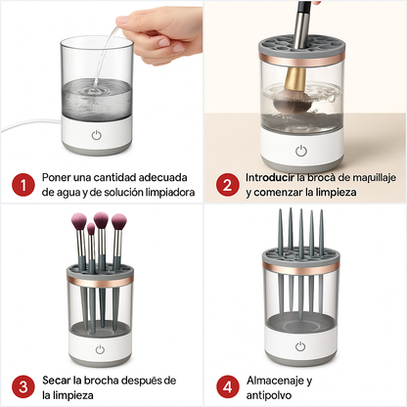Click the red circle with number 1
pos(20,184)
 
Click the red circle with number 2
pos(227,184)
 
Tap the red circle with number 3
pos(20,386)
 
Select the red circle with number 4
pos(227,386)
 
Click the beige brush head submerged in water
pos(291,89)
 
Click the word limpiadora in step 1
pos(160,193)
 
